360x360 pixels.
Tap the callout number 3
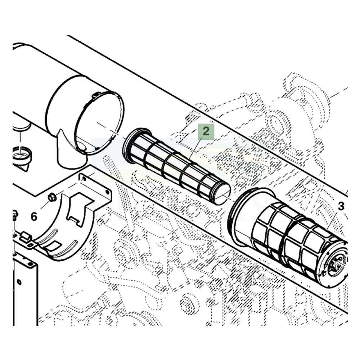coord(341,206)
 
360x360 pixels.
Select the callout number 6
coord(34,216)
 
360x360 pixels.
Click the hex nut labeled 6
coord(52,197)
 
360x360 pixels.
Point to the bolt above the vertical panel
coord(15,215)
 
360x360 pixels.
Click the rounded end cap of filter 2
coord(222,194)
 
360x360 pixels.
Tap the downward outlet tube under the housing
coord(70,153)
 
